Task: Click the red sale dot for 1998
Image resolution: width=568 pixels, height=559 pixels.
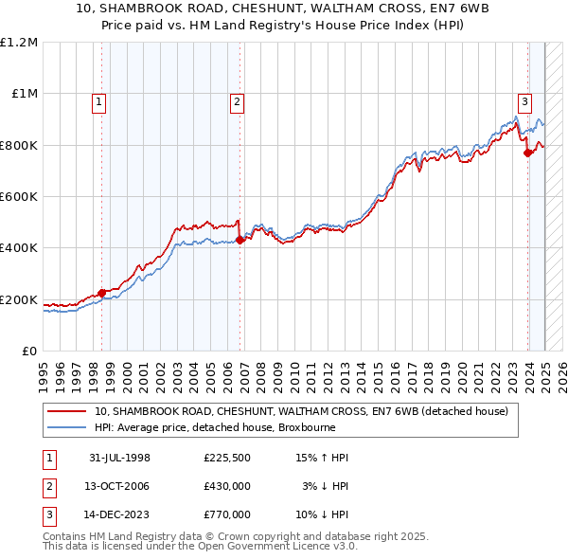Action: point(101,293)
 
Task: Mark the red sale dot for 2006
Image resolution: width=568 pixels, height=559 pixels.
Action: point(240,240)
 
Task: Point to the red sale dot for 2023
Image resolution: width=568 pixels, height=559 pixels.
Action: point(527,153)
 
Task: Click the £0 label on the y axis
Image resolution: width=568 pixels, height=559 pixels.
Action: point(28,351)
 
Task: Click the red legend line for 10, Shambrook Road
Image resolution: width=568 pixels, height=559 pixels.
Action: point(66,411)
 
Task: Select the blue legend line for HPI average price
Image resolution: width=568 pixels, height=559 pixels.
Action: point(66,427)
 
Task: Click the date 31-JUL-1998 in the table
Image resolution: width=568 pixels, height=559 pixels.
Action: point(119,458)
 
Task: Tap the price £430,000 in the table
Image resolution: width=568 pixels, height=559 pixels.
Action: point(226,486)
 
